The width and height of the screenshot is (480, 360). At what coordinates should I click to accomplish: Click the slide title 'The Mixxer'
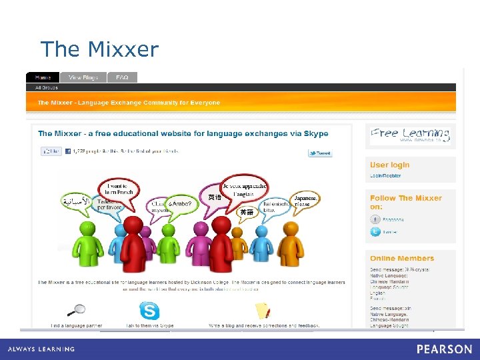[99, 49]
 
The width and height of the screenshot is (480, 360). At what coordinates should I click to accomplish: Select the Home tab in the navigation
[43, 77]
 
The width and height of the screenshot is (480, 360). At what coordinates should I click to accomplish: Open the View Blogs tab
[83, 77]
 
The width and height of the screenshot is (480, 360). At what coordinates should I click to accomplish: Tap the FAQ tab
[122, 77]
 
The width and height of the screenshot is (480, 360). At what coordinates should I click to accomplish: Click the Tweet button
[320, 153]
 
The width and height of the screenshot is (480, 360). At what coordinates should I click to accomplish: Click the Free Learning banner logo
[410, 135]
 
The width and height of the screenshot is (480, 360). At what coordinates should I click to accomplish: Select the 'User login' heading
[389, 165]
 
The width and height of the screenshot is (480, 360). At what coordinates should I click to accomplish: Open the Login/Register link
[385, 176]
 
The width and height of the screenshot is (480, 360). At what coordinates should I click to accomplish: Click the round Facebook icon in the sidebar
[376, 219]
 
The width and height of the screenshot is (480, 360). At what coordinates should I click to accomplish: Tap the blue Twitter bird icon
[376, 232]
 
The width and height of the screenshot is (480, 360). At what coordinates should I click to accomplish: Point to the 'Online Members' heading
[401, 258]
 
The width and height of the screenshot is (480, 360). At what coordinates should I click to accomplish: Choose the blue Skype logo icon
[149, 311]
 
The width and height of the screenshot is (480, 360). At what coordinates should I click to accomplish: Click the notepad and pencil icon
[263, 311]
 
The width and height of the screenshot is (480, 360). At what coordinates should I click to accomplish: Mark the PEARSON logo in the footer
[444, 349]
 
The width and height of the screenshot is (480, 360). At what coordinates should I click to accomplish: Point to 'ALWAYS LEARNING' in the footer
[41, 349]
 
